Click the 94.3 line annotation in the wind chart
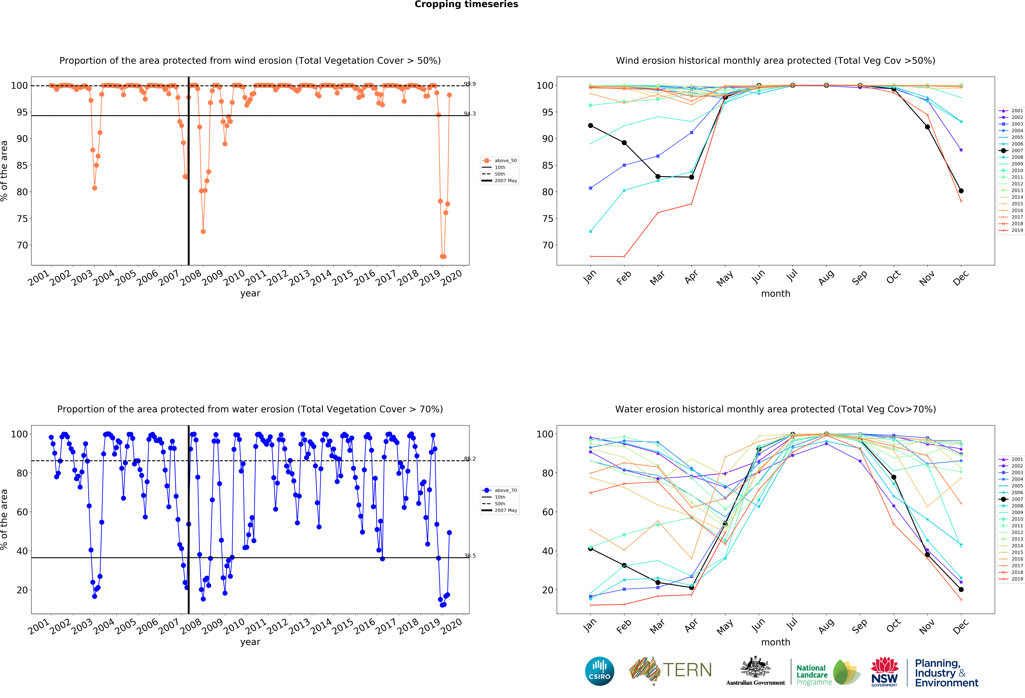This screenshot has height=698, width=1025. (x=470, y=114)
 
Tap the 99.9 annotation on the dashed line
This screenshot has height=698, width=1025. (x=470, y=84)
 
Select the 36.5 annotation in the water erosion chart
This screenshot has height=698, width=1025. (x=470, y=556)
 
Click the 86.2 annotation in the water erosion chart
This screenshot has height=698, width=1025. (x=470, y=459)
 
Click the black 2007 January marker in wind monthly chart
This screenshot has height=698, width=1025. (x=591, y=126)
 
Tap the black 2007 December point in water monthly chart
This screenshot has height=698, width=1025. (x=961, y=590)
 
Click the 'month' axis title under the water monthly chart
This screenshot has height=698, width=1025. (x=775, y=642)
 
